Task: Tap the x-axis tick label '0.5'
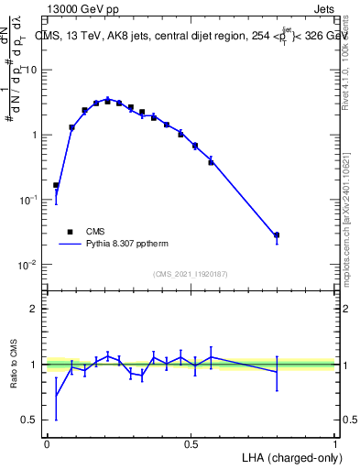pyautogui.click(x=191, y=443)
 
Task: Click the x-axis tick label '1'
pyautogui.click(x=334, y=443)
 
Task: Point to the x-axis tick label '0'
pyautogui.click(x=47, y=443)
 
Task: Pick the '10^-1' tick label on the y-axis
pyautogui.click(x=29, y=200)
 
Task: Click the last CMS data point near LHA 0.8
pyautogui.click(x=277, y=235)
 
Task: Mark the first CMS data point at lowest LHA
pyautogui.click(x=56, y=185)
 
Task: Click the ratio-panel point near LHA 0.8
pyautogui.click(x=277, y=371)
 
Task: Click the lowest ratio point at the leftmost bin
pyautogui.click(x=56, y=397)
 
